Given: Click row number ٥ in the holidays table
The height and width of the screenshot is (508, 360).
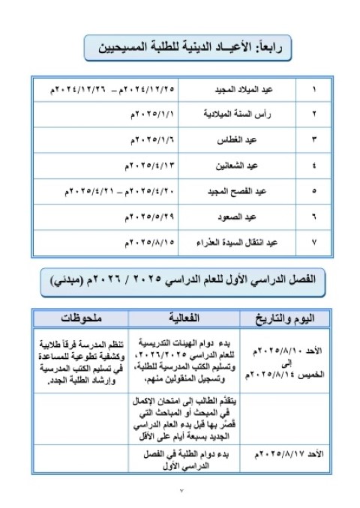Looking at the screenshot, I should tap(313, 190).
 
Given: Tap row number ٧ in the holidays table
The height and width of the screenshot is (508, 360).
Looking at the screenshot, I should tap(313, 241).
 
